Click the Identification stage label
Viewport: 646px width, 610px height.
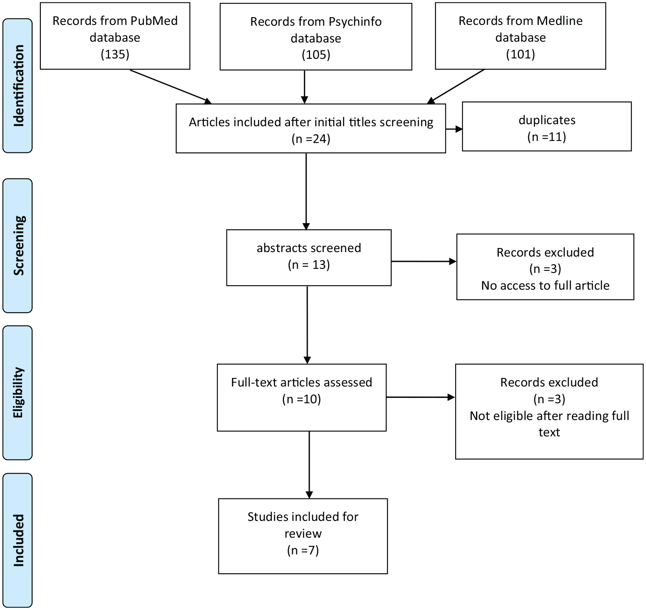tap(18, 86)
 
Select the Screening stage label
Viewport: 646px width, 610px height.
tap(18, 246)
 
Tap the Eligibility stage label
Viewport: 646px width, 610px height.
tap(18, 393)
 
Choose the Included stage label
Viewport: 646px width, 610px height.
tap(18, 540)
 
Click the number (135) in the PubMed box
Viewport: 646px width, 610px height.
tap(115, 54)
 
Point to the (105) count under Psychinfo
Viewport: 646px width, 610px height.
tap(316, 54)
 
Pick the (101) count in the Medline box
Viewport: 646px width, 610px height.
tap(521, 54)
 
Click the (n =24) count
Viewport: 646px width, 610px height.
tap(311, 139)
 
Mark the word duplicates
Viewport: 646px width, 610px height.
tap(547, 120)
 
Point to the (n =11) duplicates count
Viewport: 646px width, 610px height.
tap(547, 136)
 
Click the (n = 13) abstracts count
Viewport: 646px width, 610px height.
tap(309, 265)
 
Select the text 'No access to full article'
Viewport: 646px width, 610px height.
tap(545, 285)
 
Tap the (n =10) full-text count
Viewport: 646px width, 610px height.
tap(302, 399)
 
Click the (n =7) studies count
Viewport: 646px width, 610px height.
tap(303, 550)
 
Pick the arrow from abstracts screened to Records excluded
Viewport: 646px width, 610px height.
tap(424, 261)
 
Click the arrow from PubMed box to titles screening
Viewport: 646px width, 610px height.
tap(171, 87)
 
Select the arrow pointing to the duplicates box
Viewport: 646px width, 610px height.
tap(454, 129)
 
